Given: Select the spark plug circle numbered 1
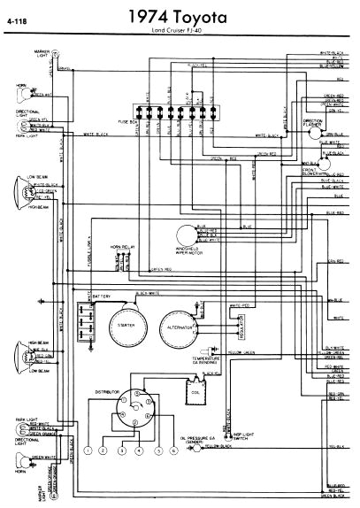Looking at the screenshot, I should (88, 451).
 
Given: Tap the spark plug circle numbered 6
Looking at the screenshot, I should (173, 451).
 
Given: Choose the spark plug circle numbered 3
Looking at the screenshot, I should (122, 451).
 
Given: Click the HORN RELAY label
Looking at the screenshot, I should (120, 247).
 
